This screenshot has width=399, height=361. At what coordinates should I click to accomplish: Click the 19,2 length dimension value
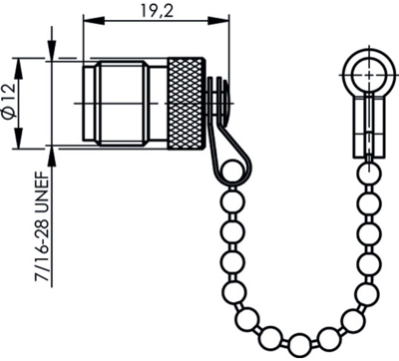point(157,11)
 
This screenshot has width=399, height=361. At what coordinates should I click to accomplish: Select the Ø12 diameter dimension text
point(9,103)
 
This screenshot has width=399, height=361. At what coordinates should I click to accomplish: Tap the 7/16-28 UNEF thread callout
point(42,226)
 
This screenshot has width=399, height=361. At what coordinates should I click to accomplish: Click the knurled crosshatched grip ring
point(187,103)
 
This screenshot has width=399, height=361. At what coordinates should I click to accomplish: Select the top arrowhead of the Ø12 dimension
point(18,68)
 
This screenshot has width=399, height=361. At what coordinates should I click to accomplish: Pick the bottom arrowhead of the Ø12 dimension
point(18,138)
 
